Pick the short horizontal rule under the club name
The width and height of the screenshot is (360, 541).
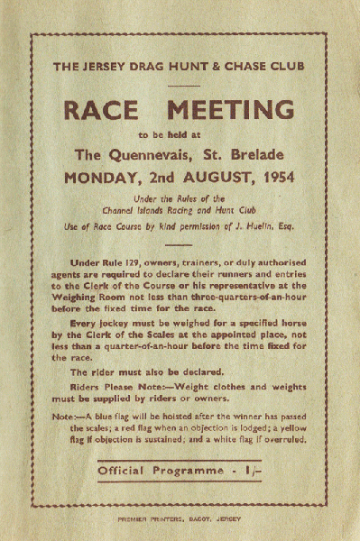(x=180, y=85)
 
